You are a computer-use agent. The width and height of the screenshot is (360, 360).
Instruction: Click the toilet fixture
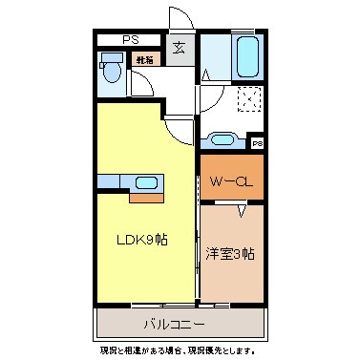(x=112, y=68)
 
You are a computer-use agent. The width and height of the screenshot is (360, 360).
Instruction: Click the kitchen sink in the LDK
(x=146, y=183)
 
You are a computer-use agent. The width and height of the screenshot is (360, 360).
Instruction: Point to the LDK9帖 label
(x=143, y=239)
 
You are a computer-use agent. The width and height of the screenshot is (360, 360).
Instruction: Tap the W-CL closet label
(x=230, y=179)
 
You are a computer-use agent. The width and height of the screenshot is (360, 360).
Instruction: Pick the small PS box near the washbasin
(x=257, y=143)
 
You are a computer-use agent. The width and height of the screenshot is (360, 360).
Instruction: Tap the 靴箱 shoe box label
(x=144, y=59)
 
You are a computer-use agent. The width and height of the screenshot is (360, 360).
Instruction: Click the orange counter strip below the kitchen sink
(x=146, y=199)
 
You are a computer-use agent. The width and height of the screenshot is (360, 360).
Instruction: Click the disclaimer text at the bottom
(x=179, y=350)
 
